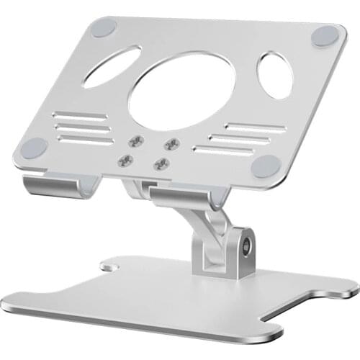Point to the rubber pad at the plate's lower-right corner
tap(266, 166)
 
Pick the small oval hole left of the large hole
tap(112, 67)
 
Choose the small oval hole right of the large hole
tap(275, 75)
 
